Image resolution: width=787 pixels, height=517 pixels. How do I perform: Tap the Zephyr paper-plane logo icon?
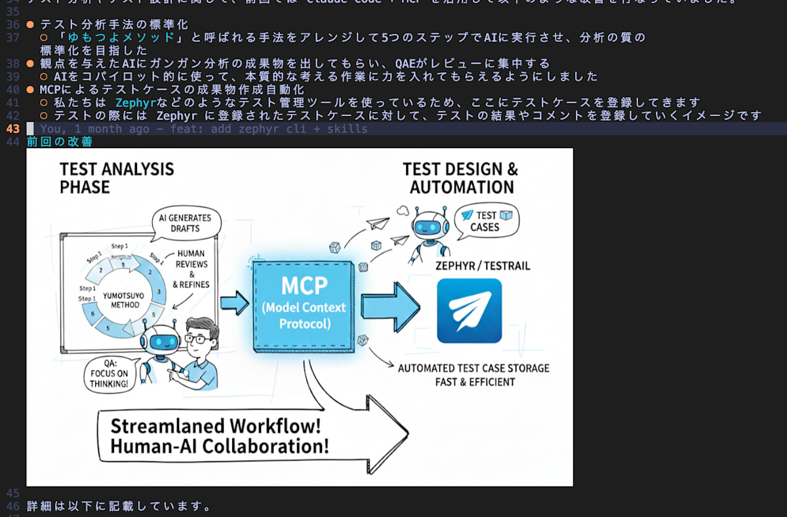click(469, 311)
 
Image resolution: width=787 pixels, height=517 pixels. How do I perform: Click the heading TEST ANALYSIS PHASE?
click(117, 178)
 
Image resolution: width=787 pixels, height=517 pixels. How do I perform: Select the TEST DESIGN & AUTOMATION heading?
click(460, 178)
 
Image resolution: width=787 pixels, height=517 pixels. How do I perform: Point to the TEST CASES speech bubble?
click(486, 221)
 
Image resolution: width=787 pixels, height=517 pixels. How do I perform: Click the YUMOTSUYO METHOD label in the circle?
click(125, 299)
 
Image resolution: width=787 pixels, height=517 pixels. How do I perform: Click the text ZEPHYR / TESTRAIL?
click(483, 266)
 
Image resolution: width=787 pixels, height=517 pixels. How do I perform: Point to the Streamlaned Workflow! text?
click(215, 426)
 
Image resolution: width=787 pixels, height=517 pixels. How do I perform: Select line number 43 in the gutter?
click(12, 128)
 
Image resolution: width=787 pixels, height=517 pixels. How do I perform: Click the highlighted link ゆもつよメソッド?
click(123, 37)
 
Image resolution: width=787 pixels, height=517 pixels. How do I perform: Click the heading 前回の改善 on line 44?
click(60, 142)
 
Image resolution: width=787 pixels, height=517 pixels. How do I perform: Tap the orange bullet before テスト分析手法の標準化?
click(30, 25)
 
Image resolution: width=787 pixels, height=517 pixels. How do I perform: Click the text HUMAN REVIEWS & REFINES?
click(191, 269)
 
